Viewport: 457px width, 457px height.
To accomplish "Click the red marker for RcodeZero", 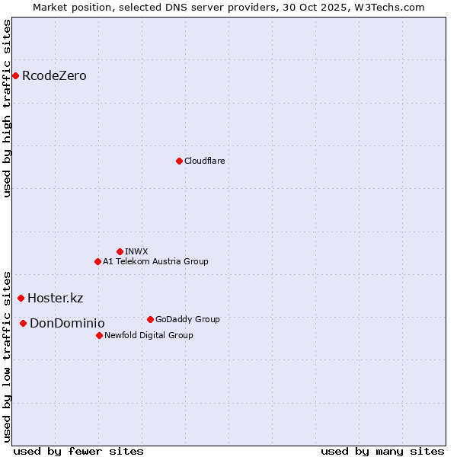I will pyautogui.click(x=15, y=75).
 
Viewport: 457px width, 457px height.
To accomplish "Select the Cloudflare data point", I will pyautogui.click(x=179, y=161).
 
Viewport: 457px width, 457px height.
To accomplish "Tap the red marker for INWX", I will pyautogui.click(x=120, y=251).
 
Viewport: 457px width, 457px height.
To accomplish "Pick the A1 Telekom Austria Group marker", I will pyautogui.click(x=97, y=261).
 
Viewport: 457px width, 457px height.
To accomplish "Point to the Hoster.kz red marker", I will pyautogui.click(x=21, y=298).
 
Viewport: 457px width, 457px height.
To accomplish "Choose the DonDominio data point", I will pyautogui.click(x=23, y=323).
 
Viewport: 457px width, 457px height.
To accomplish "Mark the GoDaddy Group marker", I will pyautogui.click(x=150, y=319).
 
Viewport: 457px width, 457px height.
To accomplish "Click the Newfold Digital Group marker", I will pyautogui.click(x=99, y=335).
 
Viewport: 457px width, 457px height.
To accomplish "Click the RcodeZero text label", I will pyautogui.click(x=54, y=75).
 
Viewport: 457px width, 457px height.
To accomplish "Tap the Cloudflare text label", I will pyautogui.click(x=204, y=161).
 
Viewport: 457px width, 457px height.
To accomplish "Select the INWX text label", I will pyautogui.click(x=136, y=251).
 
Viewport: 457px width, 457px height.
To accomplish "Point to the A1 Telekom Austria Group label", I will pyautogui.click(x=155, y=261).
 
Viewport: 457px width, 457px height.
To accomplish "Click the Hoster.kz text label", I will pyautogui.click(x=55, y=298).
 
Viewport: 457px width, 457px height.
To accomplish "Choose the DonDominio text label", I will pyautogui.click(x=67, y=323).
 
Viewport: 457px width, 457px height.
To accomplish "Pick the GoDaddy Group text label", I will pyautogui.click(x=187, y=319).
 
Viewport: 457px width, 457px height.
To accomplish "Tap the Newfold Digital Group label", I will pyautogui.click(x=149, y=335).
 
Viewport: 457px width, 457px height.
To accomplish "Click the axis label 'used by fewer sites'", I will pyautogui.click(x=78, y=451).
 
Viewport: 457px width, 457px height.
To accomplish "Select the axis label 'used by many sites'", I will pyautogui.click(x=382, y=451).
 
